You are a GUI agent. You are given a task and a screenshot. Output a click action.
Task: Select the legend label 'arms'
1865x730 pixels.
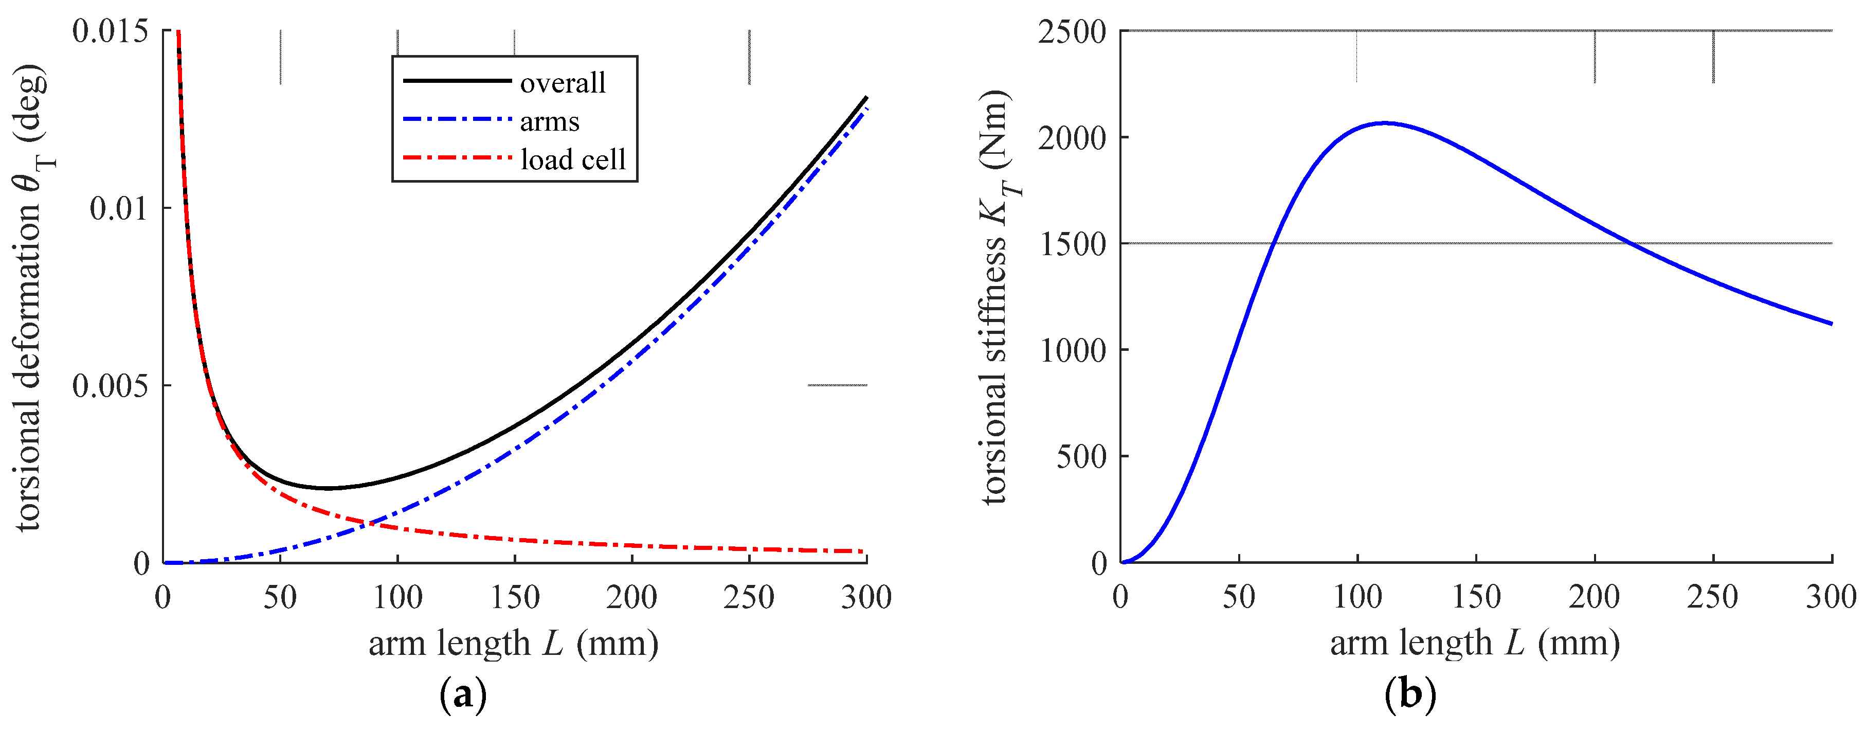pos(550,121)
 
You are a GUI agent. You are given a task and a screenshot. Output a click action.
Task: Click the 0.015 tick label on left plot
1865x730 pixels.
pos(110,31)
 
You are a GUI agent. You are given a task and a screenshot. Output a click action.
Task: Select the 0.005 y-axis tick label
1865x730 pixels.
pos(110,385)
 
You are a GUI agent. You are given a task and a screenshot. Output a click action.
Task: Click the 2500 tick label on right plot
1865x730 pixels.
pos(1072,32)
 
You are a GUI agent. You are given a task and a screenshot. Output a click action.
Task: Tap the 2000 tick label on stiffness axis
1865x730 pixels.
pos(1072,137)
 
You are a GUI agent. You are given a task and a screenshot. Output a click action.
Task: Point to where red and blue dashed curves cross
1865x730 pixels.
pos(371,522)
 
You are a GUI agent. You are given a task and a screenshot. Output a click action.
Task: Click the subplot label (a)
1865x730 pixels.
pos(463,695)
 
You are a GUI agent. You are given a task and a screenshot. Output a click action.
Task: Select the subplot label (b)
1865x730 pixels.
pos(1409,695)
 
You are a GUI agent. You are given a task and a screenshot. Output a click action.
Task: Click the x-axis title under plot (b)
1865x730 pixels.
pos(1475,643)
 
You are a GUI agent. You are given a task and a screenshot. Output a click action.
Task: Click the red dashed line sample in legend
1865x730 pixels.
pos(457,158)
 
